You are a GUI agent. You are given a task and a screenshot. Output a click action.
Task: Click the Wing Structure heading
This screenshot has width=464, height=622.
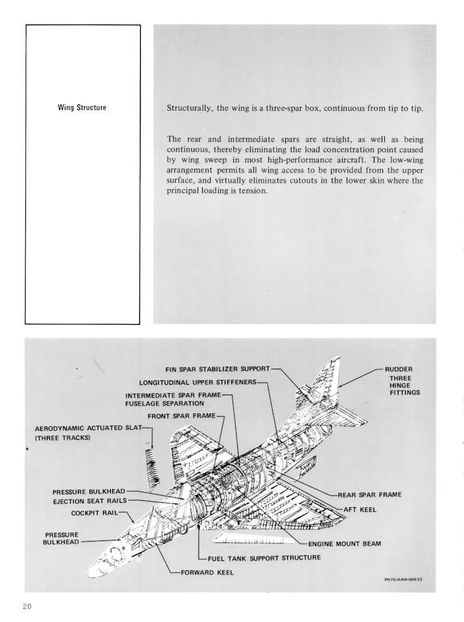(x=82, y=108)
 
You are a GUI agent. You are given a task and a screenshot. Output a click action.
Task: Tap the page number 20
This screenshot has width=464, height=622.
(x=27, y=606)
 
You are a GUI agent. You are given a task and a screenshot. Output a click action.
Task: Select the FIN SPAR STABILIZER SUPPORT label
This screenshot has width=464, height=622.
(x=218, y=369)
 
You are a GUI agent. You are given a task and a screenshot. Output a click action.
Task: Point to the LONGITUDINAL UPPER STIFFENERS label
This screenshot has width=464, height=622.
(x=198, y=382)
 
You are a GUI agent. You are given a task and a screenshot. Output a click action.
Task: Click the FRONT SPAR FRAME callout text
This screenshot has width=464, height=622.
(x=181, y=416)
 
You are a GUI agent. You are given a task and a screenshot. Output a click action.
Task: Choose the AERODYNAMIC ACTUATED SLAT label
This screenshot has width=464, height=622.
(x=87, y=428)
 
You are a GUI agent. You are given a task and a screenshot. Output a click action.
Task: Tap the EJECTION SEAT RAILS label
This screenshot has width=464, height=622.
(x=89, y=501)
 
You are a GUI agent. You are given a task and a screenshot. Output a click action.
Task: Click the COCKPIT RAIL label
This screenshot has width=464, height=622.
(x=95, y=513)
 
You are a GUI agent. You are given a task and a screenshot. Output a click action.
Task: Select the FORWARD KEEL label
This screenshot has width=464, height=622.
(x=207, y=572)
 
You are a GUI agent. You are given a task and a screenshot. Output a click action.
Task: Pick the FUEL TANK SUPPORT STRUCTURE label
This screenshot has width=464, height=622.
(x=264, y=558)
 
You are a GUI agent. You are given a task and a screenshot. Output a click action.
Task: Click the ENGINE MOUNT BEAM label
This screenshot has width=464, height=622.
(x=345, y=544)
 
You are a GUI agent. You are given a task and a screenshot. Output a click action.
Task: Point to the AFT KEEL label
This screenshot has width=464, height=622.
(x=360, y=509)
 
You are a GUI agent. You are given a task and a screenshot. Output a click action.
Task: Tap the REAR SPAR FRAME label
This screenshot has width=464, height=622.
(x=369, y=494)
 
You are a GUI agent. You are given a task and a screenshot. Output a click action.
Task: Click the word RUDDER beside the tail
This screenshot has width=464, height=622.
(x=399, y=369)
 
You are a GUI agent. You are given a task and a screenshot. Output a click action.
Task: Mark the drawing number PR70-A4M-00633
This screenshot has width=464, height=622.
(x=403, y=579)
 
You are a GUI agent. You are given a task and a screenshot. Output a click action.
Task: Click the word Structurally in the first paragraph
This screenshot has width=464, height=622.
(x=189, y=109)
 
